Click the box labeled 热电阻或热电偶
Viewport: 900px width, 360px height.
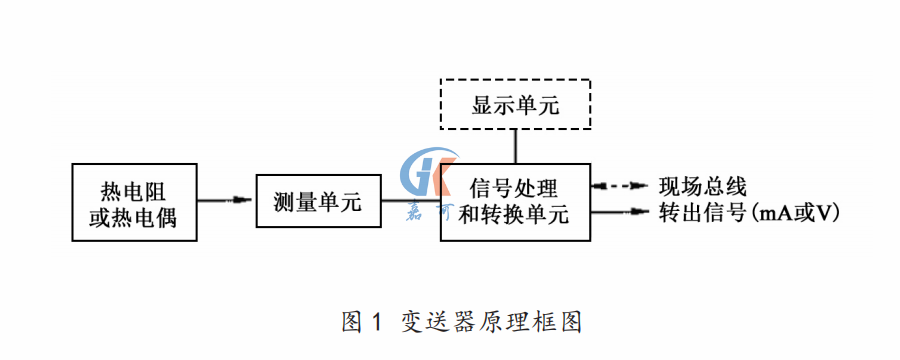(133, 203)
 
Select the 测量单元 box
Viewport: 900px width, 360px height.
(319, 203)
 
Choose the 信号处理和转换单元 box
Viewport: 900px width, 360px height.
(515, 201)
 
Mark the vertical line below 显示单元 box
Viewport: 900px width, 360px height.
(515, 146)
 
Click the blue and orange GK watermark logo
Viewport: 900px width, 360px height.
(428, 178)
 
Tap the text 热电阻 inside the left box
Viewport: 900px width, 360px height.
(133, 190)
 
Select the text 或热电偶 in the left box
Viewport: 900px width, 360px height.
(133, 217)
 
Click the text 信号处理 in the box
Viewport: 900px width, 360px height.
(515, 188)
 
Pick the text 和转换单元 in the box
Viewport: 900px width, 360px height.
(515, 215)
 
